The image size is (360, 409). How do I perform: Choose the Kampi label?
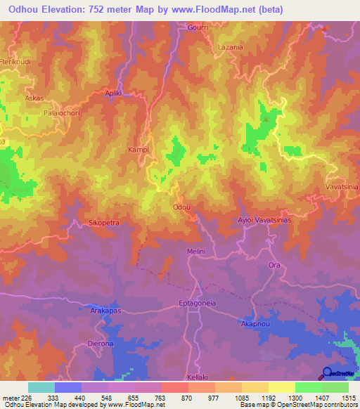[137, 150]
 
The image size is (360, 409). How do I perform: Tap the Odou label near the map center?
[181, 207]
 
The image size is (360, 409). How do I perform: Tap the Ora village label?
[275, 265]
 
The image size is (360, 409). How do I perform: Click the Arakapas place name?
[107, 309]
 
